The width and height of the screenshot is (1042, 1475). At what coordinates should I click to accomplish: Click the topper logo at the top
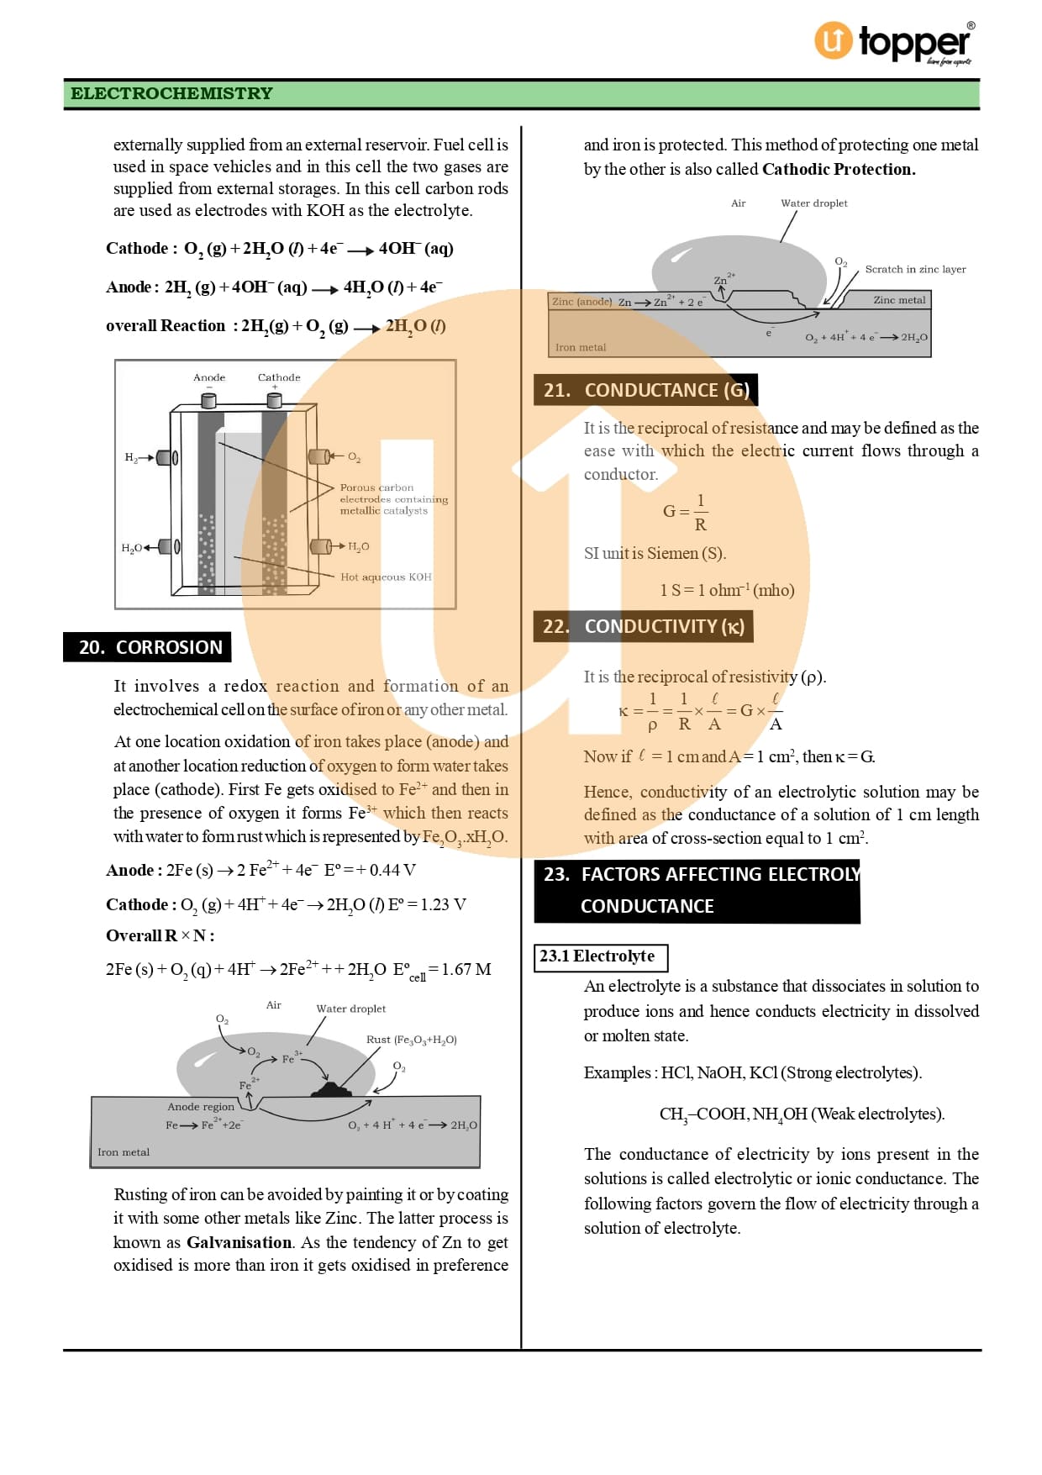[x=894, y=42]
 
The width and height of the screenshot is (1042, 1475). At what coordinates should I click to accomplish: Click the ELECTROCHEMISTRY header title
[x=171, y=93]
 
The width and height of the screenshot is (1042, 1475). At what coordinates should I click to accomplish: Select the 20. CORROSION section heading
[x=148, y=647]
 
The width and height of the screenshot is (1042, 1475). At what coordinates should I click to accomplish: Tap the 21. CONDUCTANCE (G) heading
[x=645, y=390]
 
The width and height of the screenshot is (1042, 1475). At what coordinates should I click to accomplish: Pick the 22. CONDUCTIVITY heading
[x=643, y=626]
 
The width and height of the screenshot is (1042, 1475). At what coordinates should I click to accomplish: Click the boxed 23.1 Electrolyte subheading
[x=601, y=957]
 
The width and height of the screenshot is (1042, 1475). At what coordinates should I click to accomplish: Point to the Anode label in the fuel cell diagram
[x=209, y=377]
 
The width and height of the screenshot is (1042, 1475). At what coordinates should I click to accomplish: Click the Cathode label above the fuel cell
[x=279, y=377]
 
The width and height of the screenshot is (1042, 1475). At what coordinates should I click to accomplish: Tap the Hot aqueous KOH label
[x=386, y=577]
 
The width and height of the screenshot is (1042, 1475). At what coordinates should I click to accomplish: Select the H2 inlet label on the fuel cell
[x=130, y=457]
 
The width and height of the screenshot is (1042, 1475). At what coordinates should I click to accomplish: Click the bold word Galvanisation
[x=239, y=1242]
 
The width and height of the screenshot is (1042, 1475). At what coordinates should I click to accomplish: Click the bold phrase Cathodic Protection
[x=839, y=169]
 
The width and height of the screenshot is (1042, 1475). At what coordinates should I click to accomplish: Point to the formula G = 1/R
[x=686, y=512]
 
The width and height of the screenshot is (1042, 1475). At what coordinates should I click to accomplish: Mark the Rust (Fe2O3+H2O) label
[x=412, y=1040]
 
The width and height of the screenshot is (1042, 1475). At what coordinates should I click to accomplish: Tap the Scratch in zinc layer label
[x=915, y=270]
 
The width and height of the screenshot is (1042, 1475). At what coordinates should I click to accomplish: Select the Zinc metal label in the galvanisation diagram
[x=899, y=300]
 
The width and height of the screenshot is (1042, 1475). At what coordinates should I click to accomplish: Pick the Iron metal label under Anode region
[x=124, y=1152]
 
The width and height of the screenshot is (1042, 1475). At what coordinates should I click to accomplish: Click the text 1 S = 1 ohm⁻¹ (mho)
[x=727, y=590]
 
